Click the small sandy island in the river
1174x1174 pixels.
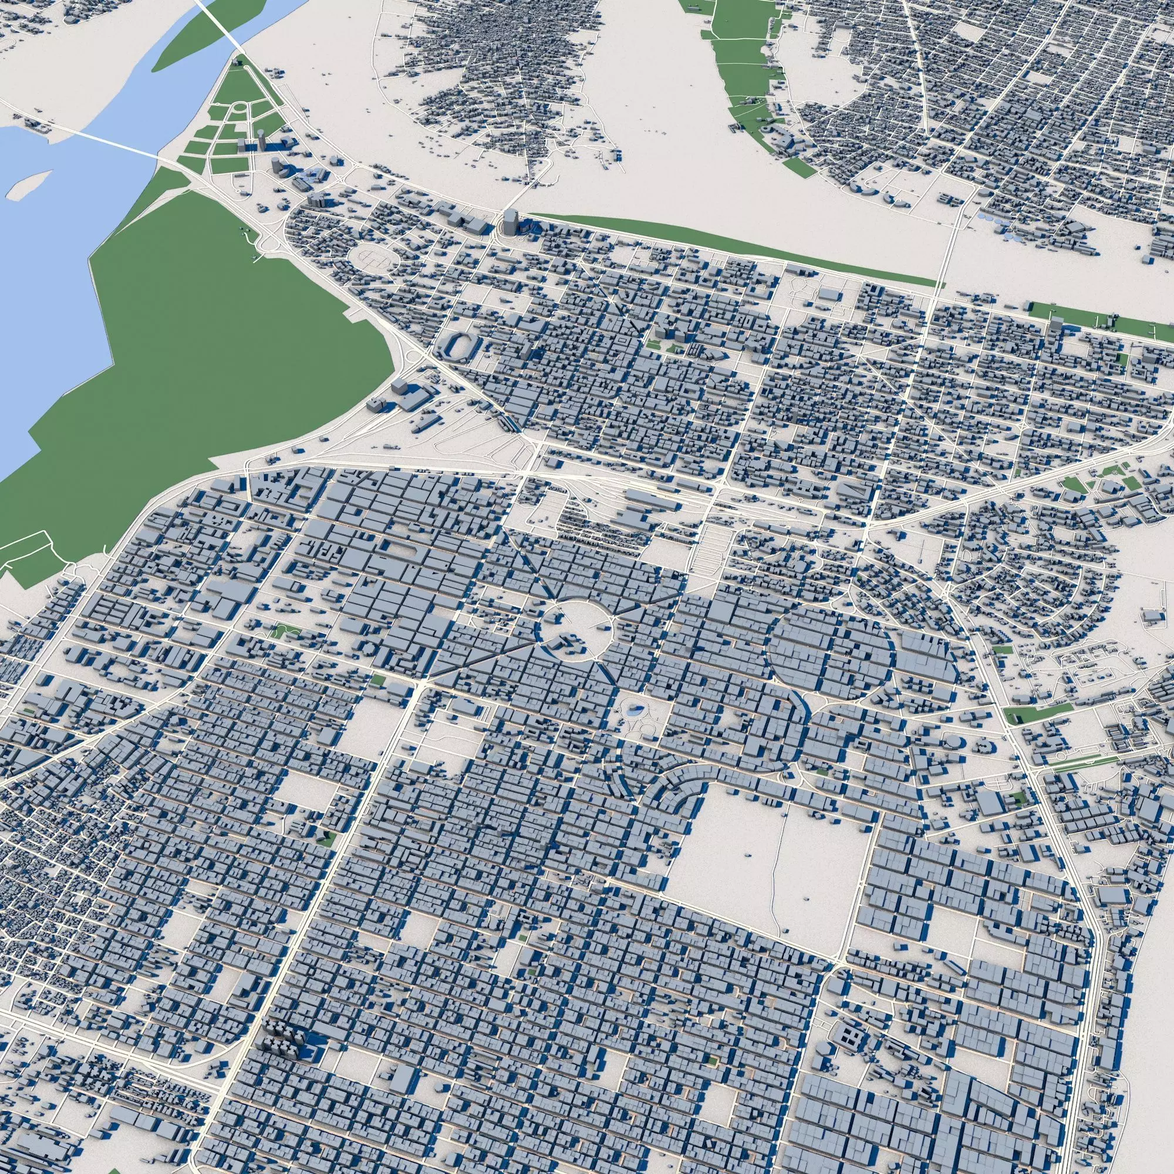coord(28,184)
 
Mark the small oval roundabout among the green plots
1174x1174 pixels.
coord(241,110)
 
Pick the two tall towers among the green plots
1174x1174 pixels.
coord(252,142)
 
